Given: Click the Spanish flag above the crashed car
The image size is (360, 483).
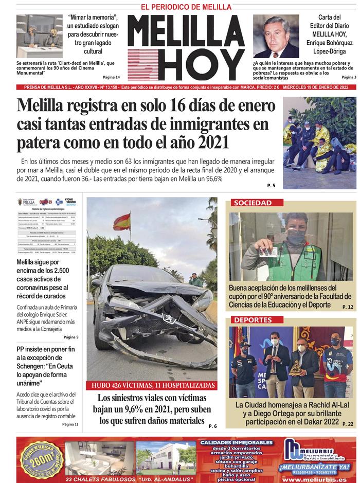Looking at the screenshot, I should tap(122, 222).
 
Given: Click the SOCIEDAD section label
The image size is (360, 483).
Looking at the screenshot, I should tap(253, 203).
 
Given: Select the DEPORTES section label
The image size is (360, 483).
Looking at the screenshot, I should tap(253, 320).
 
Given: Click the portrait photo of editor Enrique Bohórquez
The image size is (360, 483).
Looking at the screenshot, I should tap(276, 37).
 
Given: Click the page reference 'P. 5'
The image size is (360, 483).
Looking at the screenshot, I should tap(271, 185).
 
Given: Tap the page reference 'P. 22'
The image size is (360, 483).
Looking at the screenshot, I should tap(348, 424).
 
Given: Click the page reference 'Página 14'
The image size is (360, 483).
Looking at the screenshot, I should tap(111, 77).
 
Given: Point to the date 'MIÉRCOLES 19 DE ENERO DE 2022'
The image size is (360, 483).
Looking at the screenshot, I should tap(319, 87).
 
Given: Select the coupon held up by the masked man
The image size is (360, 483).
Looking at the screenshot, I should tap(267, 252).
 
